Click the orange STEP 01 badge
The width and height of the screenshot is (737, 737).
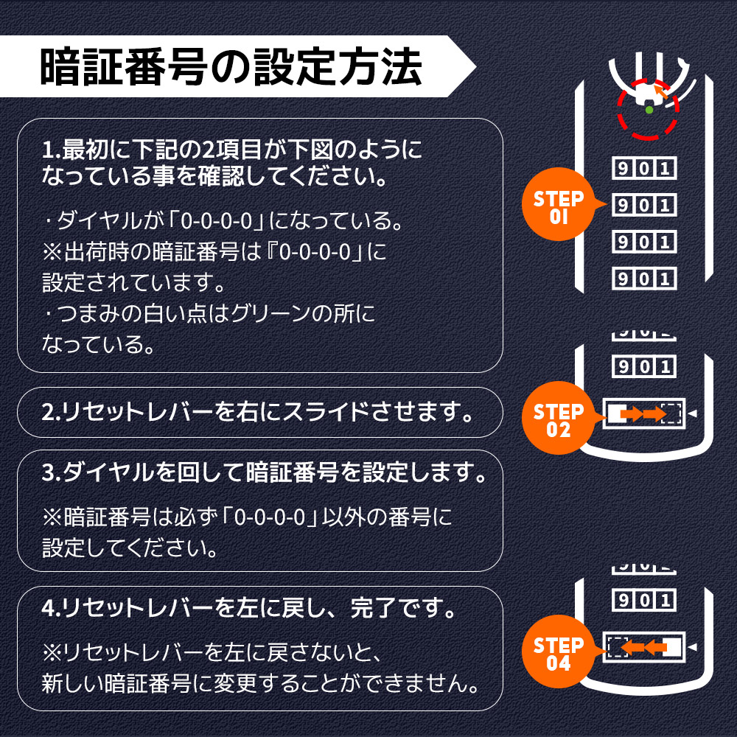[x=558, y=206]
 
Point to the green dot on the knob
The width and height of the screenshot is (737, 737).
[x=649, y=110]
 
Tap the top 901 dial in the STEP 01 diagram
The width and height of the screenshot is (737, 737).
[x=644, y=168]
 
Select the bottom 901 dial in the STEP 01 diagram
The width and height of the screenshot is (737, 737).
[x=644, y=278]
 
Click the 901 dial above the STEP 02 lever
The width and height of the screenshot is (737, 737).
[x=644, y=366]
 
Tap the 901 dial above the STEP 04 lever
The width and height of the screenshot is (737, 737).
[x=644, y=600]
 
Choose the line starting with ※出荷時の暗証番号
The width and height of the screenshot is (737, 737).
[x=214, y=251]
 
